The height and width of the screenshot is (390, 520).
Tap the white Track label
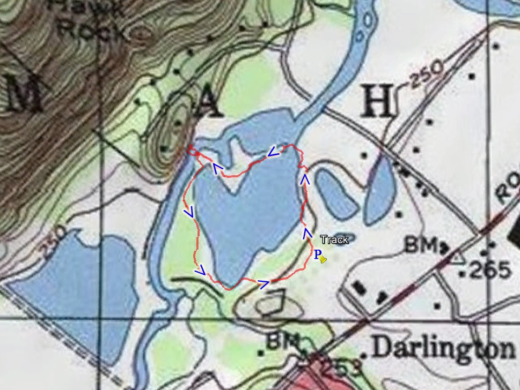point(334,240)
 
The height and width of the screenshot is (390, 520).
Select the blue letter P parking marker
point(317,254)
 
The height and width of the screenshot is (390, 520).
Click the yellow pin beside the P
point(323,260)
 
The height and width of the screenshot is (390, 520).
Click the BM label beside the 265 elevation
point(422,246)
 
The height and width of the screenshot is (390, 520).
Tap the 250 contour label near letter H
point(427,74)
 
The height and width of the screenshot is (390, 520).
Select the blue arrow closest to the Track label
point(307,232)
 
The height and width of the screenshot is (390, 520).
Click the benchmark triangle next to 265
point(457,258)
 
